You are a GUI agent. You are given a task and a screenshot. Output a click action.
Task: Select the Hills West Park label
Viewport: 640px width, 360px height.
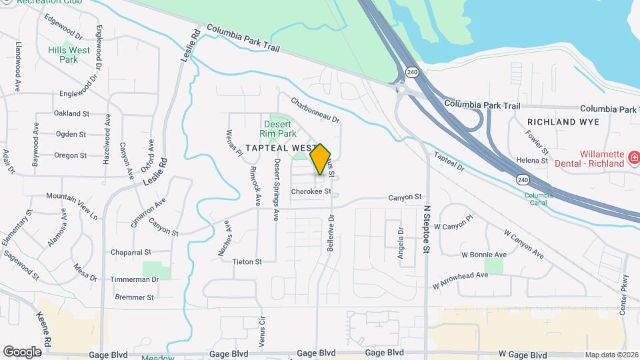(x=69, y=55)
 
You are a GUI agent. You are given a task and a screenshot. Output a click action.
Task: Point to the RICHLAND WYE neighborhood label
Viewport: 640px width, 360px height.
(x=563, y=122)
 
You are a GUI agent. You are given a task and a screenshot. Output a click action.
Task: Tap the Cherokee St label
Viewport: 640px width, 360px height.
(x=311, y=191)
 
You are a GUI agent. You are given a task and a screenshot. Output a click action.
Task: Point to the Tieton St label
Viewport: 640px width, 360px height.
(x=247, y=262)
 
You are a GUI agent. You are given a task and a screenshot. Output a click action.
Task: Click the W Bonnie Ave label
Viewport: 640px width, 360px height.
(x=484, y=255)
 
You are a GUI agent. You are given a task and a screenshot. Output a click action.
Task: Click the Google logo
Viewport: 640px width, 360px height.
(x=22, y=351)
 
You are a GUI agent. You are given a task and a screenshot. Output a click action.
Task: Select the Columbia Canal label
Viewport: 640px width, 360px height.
(x=538, y=198)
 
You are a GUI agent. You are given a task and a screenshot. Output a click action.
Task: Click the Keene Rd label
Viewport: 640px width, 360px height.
(x=44, y=327)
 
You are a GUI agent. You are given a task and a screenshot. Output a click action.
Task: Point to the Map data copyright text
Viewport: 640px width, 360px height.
(x=611, y=355)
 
